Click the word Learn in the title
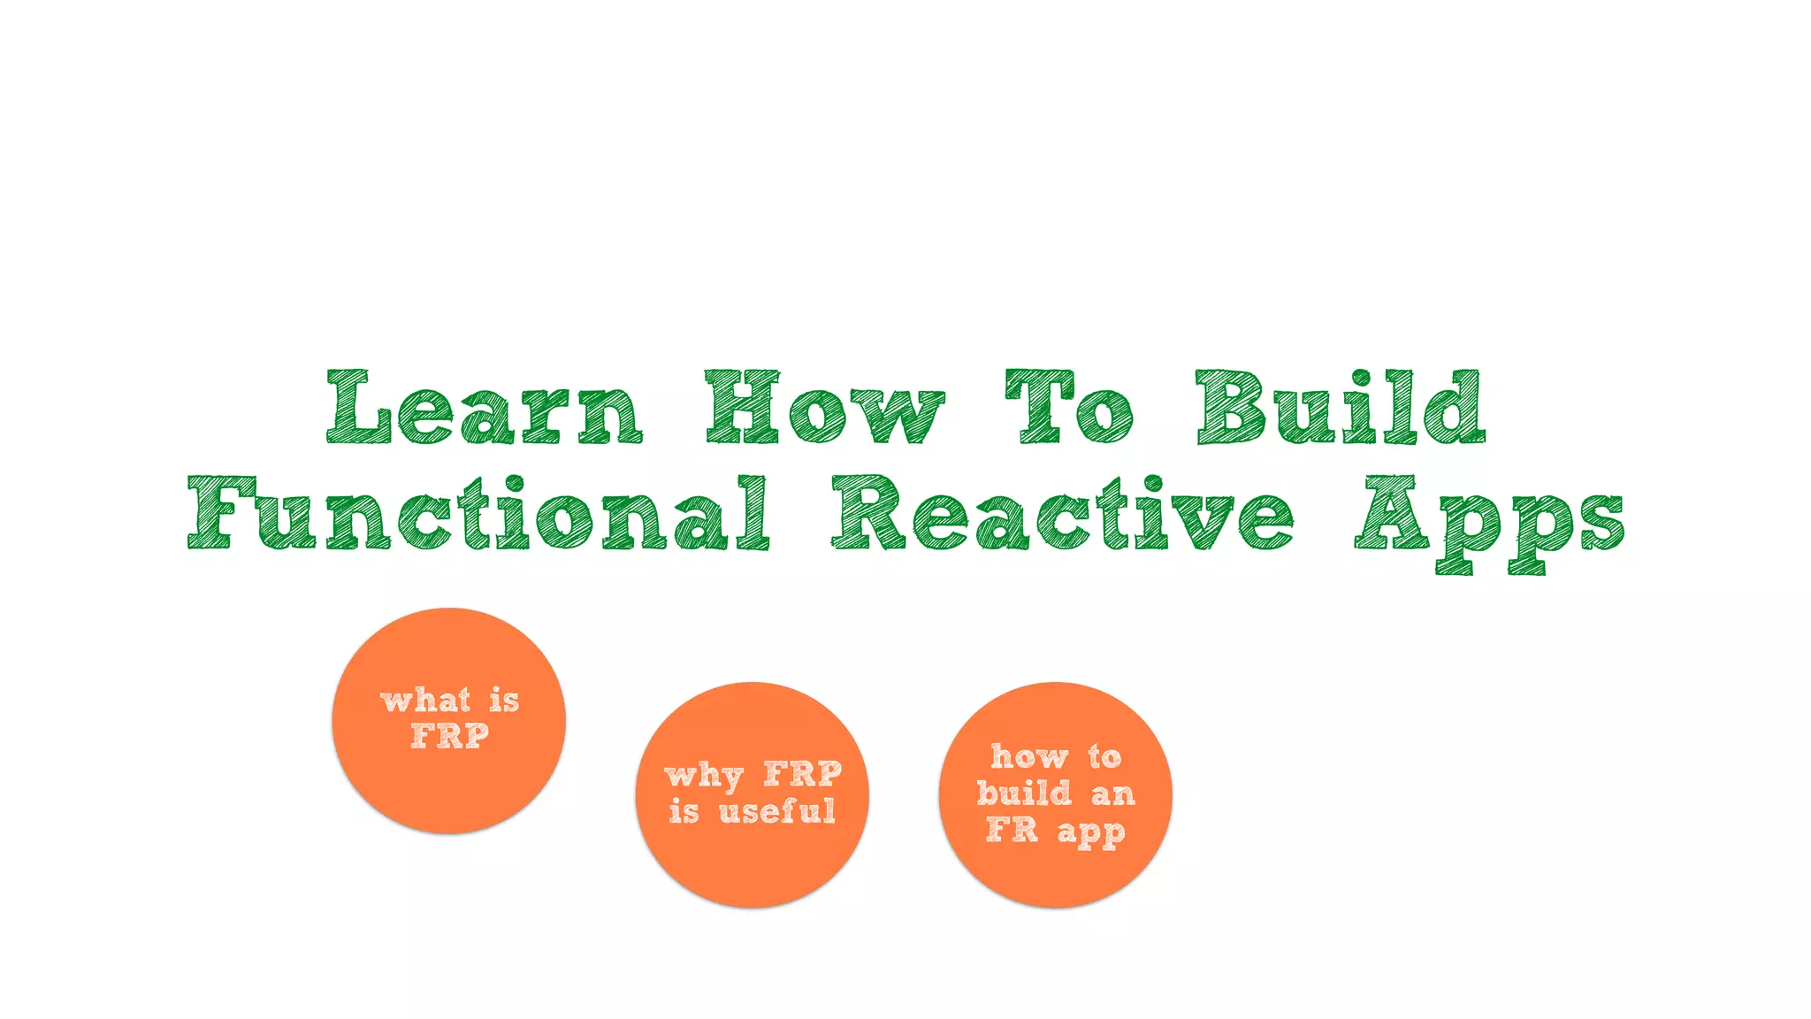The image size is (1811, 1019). click(x=485, y=408)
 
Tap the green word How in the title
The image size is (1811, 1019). click(x=825, y=408)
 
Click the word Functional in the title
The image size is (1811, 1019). click(x=478, y=514)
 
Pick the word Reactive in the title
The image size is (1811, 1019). click(x=1062, y=514)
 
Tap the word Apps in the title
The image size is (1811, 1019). click(x=1490, y=522)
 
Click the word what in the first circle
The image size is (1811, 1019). click(x=425, y=701)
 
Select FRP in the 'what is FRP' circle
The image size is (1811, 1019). click(x=450, y=736)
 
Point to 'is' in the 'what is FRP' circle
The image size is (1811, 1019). click(x=504, y=701)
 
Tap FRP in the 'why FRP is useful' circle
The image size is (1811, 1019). click(x=803, y=774)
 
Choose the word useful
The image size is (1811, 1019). click(x=777, y=811)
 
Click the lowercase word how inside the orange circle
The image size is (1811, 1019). click(x=1029, y=757)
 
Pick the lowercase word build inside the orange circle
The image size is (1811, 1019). click(x=1024, y=793)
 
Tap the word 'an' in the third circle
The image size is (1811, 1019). click(x=1112, y=794)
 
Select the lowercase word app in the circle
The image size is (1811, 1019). click(x=1091, y=833)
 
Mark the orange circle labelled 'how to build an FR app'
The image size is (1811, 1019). click(x=1055, y=876)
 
